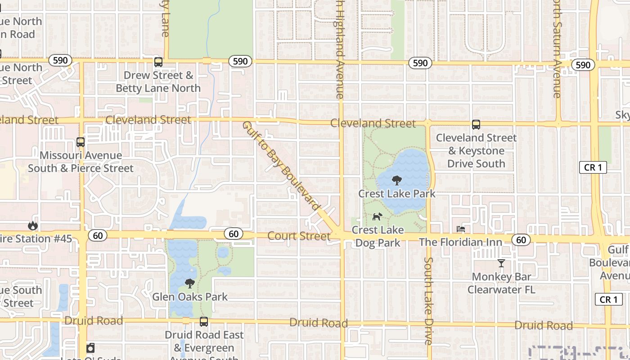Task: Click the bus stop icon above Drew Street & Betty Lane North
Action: [158, 62]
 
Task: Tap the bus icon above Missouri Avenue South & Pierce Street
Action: [81, 142]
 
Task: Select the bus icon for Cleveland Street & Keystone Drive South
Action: [476, 124]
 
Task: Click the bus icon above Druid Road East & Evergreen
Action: [204, 322]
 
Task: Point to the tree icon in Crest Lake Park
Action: [396, 180]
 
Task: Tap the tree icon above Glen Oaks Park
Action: [190, 283]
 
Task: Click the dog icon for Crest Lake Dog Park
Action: [377, 217]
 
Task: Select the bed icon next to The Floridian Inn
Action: [461, 229]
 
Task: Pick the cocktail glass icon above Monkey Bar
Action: [501, 263]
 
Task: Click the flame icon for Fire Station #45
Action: [33, 225]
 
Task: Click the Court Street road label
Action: [299, 236]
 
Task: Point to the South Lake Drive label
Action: [428, 301]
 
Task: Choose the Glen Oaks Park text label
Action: [190, 297]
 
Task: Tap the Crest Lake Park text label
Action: [397, 194]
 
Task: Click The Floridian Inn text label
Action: [460, 242]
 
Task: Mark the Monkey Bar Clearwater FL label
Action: [501, 283]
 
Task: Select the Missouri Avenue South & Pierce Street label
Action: [81, 162]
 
